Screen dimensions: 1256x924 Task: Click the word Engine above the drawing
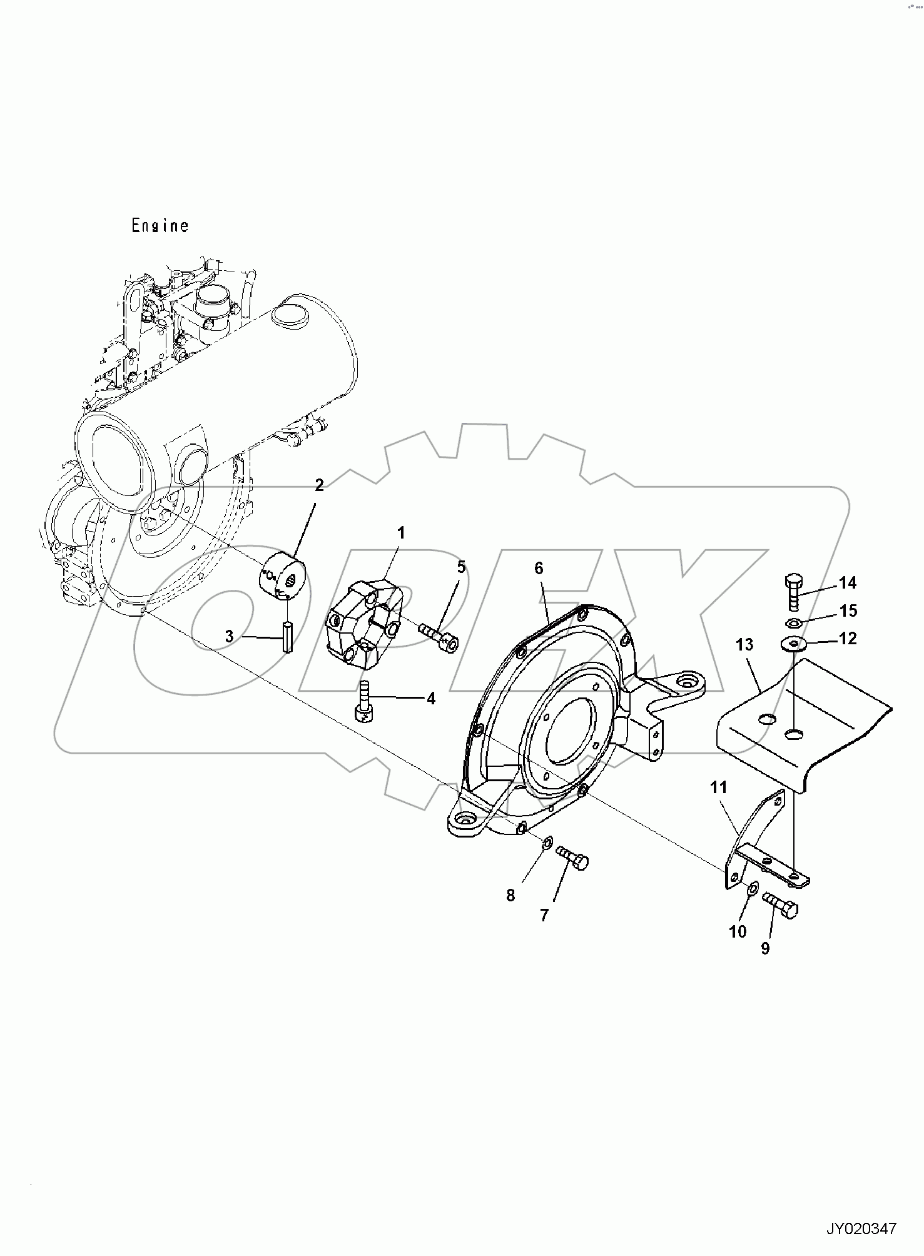(x=160, y=225)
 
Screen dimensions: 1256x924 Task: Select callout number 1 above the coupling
(x=401, y=533)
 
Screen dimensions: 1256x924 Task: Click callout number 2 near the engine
(x=319, y=485)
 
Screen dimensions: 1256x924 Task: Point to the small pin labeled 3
(x=288, y=637)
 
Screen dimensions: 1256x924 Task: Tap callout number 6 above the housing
(x=539, y=568)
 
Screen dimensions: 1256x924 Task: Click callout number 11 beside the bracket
(x=718, y=787)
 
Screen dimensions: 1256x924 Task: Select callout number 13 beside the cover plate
(x=744, y=644)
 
